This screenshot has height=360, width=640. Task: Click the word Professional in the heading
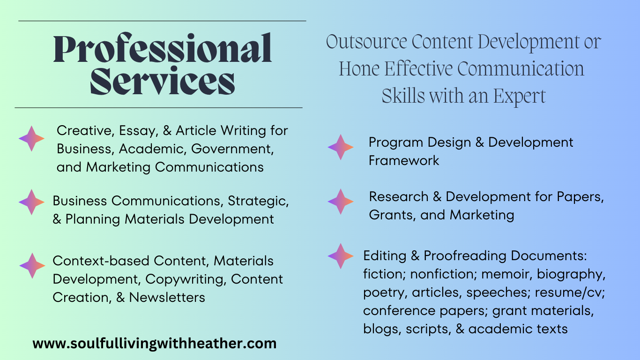coord(162,48)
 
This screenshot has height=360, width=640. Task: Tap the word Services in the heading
coord(162,81)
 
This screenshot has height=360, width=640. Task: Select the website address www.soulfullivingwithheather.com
coord(155,344)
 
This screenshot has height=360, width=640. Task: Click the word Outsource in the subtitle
coord(366,42)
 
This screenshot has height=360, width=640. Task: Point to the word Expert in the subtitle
coord(520,97)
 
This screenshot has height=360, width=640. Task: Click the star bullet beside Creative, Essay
coord(31,139)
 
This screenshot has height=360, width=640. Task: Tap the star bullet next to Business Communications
coord(31,202)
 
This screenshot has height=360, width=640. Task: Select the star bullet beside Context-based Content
coord(32,266)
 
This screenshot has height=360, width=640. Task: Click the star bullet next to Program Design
coord(341,147)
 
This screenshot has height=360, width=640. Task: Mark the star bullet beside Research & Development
coord(341,202)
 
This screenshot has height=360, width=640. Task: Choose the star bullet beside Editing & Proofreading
coord(341,256)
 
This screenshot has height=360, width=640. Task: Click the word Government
coord(232,149)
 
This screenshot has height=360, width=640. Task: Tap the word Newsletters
coord(167,297)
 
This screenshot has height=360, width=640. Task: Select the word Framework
coord(404,160)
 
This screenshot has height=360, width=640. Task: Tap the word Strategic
coord(258,201)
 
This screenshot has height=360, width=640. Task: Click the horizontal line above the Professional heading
coord(162,21)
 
